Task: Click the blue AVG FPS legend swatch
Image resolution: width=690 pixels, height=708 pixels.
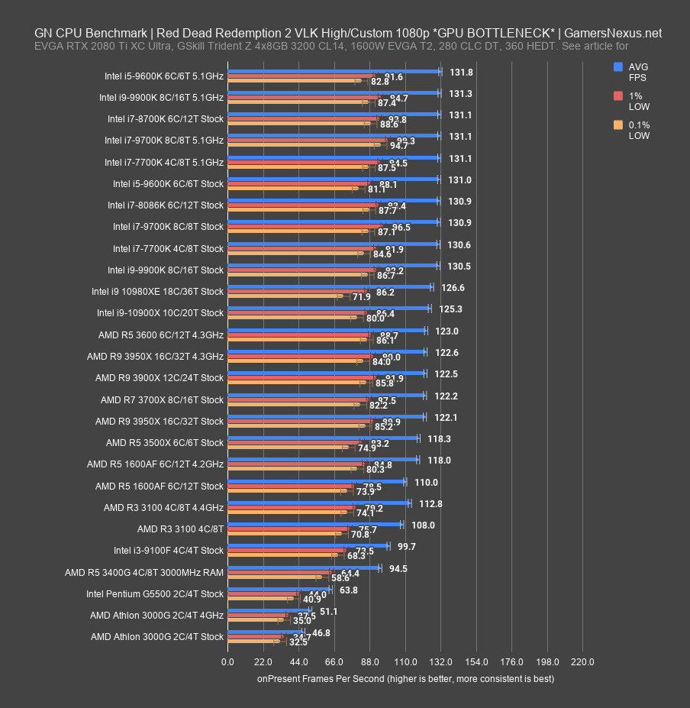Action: point(618,67)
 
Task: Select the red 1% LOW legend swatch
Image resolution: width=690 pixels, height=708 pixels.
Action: point(618,96)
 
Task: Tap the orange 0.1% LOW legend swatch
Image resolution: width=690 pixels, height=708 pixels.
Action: point(618,125)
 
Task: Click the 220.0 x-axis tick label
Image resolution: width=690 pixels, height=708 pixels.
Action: point(582,661)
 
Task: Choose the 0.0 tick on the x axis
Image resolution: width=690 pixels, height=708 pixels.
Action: point(227,661)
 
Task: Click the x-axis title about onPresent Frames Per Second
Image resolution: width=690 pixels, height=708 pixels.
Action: point(405,678)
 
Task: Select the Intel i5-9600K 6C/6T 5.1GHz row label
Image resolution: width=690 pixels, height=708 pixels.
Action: point(165,76)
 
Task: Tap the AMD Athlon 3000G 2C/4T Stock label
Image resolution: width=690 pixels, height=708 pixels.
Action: point(156,636)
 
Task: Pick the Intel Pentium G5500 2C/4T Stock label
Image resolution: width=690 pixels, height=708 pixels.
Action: point(155,593)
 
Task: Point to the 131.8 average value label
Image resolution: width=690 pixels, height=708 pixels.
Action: point(461,72)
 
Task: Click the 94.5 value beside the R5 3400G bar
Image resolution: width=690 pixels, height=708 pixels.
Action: point(398,568)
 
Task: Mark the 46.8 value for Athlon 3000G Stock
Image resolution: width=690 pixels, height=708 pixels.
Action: point(321,633)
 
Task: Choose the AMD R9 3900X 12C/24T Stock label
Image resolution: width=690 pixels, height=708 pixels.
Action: point(160,377)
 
